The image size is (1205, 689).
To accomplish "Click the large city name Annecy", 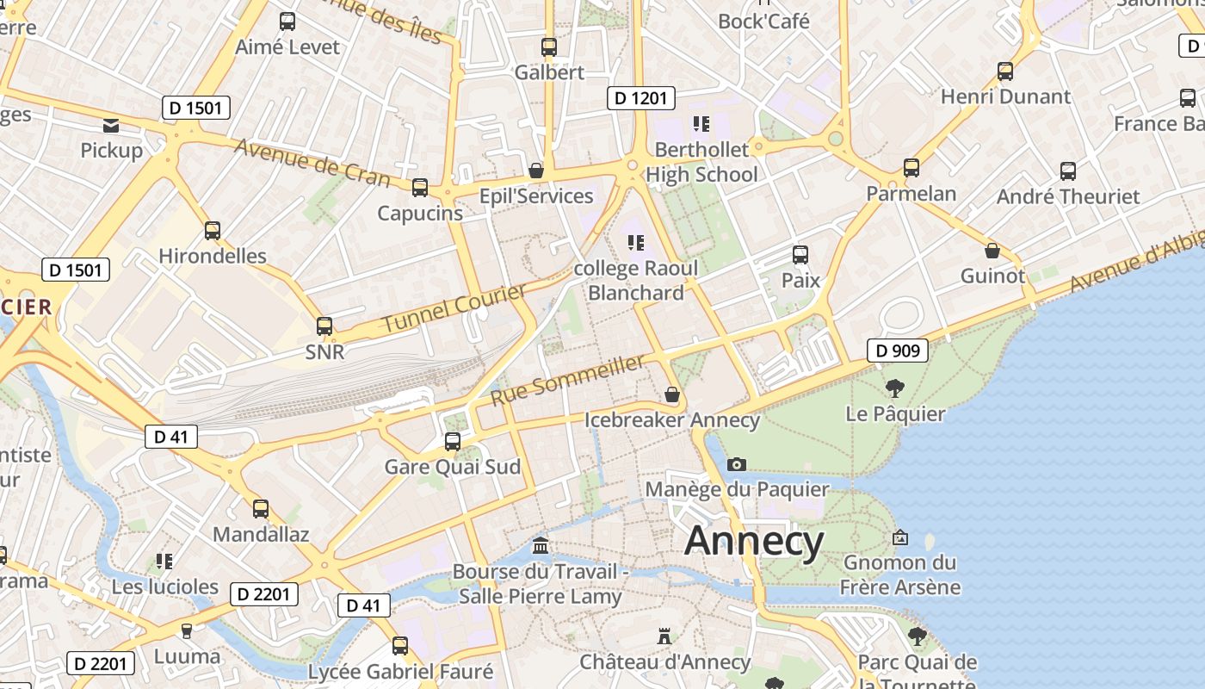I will tap(754, 541).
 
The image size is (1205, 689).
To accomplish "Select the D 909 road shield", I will tap(897, 351).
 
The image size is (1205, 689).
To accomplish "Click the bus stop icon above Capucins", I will tap(420, 187).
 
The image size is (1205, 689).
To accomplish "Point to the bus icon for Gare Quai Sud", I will tap(453, 442).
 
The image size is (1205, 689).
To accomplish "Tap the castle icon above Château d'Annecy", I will tap(664, 636).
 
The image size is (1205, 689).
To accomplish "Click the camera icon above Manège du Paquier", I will tap(736, 464).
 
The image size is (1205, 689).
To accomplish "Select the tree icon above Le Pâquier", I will tap(895, 388).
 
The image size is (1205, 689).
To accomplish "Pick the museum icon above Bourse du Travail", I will tap(541, 545).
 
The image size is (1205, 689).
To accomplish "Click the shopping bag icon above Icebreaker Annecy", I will tap(672, 394).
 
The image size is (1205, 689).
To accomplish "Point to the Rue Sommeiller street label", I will tap(567, 380).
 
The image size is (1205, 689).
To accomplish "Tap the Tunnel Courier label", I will tap(454, 309).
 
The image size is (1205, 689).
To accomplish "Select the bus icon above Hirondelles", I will tap(213, 230).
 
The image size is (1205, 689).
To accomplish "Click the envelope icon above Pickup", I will tap(111, 126).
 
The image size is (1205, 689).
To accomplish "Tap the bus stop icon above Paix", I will tap(800, 254).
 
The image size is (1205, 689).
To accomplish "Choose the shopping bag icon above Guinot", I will tap(992, 251).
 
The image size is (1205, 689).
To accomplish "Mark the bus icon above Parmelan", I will tap(911, 168).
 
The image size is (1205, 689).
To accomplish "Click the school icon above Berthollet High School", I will tap(701, 124).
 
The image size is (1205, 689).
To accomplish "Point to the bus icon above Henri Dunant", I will tap(1005, 71).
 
